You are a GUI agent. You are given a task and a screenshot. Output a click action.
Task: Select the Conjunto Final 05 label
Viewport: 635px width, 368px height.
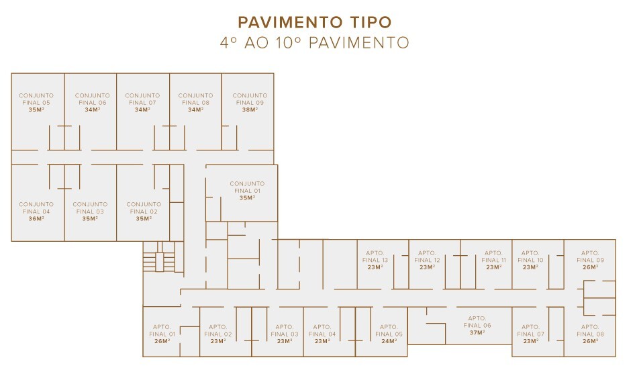click(36, 99)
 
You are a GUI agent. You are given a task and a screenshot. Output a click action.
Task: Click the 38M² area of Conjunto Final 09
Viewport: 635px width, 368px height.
click(250, 109)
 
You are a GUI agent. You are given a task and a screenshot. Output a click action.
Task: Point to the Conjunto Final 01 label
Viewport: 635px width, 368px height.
click(248, 187)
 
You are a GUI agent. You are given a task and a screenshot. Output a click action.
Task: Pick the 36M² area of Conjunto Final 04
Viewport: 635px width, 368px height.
click(36, 218)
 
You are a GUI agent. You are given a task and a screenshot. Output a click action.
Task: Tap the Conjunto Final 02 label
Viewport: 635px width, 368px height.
click(144, 208)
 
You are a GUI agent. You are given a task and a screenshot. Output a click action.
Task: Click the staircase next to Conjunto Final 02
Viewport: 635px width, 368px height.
click(158, 257)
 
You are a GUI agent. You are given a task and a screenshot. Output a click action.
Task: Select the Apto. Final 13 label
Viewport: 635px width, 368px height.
click(375, 256)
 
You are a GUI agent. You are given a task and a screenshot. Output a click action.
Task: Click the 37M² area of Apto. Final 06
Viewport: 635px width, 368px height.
click(477, 332)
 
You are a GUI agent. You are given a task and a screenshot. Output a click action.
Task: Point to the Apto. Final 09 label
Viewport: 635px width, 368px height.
click(590, 256)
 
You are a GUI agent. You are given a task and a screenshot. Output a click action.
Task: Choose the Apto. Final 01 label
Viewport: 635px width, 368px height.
click(162, 330)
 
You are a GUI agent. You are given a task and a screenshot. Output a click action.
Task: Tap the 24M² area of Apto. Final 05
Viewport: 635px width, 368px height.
click(389, 341)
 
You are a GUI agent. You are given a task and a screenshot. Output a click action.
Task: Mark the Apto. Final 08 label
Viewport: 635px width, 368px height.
click(590, 330)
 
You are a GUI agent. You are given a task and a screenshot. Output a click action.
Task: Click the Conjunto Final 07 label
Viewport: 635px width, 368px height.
click(142, 99)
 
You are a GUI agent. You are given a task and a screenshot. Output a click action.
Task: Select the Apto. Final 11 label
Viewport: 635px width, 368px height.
click(493, 256)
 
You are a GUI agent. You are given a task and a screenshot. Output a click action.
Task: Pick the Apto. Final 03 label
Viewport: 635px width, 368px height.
click(285, 330)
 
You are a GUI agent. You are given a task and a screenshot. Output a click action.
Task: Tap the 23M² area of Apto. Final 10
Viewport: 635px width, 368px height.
click(530, 267)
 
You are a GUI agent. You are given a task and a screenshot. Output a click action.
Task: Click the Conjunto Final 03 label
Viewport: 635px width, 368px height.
click(90, 208)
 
